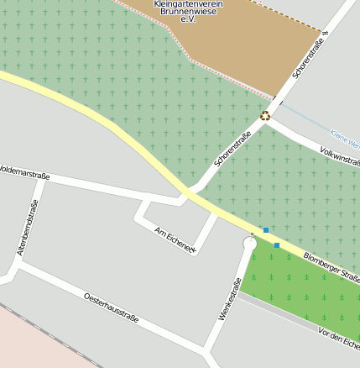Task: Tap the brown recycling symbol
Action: point(265,116)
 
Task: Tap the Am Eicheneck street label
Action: point(175,239)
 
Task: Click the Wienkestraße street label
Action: point(224,299)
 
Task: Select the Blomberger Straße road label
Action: point(331,266)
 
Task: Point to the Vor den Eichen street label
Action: point(339,339)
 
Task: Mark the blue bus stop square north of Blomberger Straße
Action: point(266,229)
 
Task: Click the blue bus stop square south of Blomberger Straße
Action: point(277,245)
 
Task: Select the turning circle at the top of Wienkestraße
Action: point(248,244)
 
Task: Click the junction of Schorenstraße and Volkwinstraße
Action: point(273,118)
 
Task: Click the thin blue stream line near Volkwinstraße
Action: point(310,124)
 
